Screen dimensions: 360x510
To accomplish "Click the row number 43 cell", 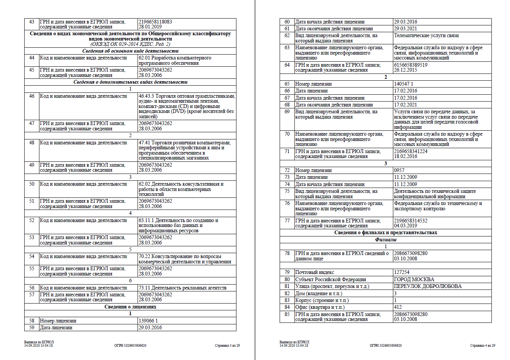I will pos(32,22).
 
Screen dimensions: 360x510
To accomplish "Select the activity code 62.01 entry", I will pos(175,60).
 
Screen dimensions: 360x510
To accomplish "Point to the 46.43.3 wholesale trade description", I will pos(186,106).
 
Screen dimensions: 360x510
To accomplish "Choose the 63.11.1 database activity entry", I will pos(178,225).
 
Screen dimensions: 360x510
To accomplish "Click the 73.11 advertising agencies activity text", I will pos(182,288).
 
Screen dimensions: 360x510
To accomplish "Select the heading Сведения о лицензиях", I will pos(130,307).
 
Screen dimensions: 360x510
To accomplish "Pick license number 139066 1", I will pos(148,321).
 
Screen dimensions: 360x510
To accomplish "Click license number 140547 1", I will pos(404,84).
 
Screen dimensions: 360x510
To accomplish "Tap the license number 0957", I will pos(399,170).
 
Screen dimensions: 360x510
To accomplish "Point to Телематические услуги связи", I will pos(426,35).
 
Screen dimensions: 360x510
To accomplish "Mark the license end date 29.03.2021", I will pos(405,28).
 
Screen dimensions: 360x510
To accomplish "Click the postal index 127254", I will pos(402,272).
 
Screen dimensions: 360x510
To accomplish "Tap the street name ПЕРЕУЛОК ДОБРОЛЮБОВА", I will pos(428,286).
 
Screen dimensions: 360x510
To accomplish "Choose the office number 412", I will pos(398,307).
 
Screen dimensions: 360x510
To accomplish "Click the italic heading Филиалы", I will pos(385,239).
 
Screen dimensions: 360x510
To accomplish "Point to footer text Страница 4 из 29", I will pos(482,346).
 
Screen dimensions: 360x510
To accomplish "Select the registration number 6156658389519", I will pos(411,65).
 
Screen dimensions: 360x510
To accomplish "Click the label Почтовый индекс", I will pos(314,272).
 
